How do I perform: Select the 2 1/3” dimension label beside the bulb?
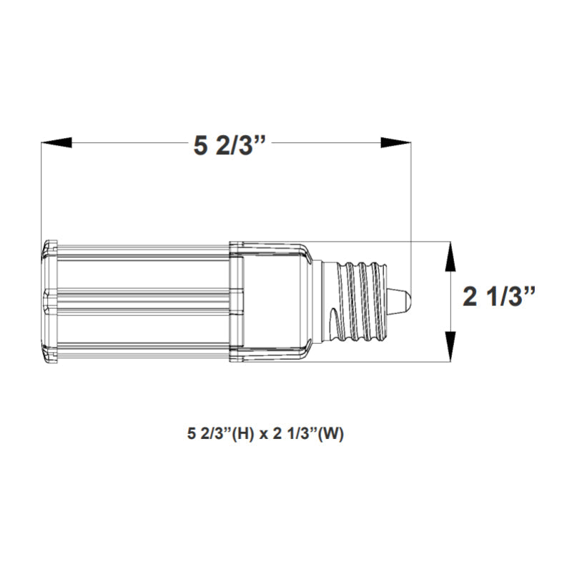499,297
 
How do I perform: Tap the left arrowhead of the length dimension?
57,143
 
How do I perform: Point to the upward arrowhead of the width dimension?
450,257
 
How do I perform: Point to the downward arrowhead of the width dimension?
450,347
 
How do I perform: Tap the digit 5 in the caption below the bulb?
190,434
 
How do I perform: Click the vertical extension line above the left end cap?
41,193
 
